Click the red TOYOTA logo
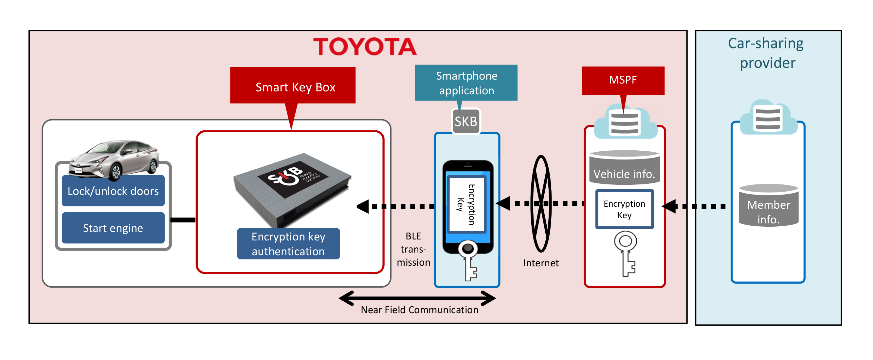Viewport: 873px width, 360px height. coord(365,47)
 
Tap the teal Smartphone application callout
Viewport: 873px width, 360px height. coord(466,83)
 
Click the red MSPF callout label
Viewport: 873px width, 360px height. coord(623,80)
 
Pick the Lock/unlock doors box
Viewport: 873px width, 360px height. coord(113,191)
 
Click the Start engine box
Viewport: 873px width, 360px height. coord(113,228)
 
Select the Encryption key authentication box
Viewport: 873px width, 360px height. coord(288,244)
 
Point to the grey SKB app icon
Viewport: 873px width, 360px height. coord(466,121)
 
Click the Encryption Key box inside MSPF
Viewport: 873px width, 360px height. coord(624,209)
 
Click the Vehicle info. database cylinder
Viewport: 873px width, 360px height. coord(624,168)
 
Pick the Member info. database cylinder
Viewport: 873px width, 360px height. coord(768,206)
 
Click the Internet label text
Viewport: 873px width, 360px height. coord(540,263)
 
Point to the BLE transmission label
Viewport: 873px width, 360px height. coord(413,249)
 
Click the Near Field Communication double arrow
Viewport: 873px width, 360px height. coord(417,298)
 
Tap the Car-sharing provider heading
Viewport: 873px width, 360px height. coord(767,53)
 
